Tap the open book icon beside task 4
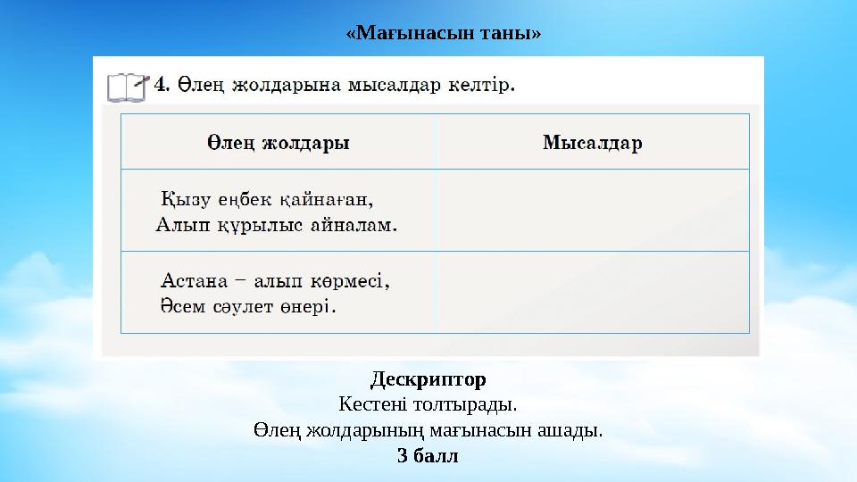[x=127, y=87]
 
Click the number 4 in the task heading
[x=161, y=85]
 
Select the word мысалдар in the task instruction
[x=383, y=86]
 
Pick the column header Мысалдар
[x=593, y=143]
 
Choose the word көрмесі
[x=351, y=280]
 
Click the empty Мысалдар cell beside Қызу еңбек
[x=593, y=211]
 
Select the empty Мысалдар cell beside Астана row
[x=593, y=293]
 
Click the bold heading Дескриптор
[x=428, y=380]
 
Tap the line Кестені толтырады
[x=428, y=405]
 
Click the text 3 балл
[x=428, y=456]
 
